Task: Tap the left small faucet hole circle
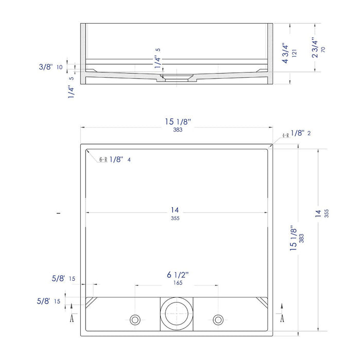[x=135, y=316]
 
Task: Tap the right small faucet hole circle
[x=218, y=316]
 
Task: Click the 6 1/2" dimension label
[x=178, y=275]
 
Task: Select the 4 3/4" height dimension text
[x=285, y=53]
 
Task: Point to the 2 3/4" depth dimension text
[x=315, y=47]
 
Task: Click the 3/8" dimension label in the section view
[x=46, y=67]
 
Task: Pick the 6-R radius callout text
[x=103, y=159]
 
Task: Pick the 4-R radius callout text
[x=286, y=135]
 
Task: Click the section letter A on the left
[x=72, y=318]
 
